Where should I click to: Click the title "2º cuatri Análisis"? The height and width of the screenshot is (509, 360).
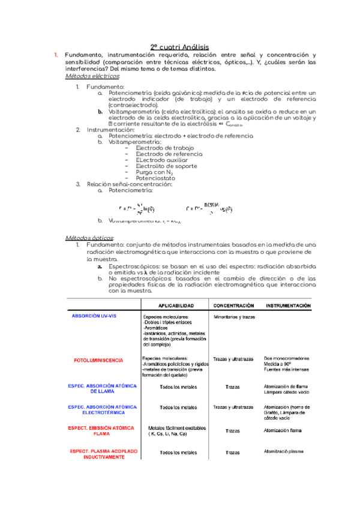click(x=179, y=47)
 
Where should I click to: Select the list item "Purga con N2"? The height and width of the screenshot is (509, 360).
click(x=150, y=172)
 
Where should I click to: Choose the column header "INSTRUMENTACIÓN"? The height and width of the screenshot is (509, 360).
click(x=289, y=306)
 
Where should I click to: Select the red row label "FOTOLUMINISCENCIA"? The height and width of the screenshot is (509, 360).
click(x=98, y=360)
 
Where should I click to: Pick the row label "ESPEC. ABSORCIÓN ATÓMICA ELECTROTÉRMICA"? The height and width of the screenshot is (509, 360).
click(x=98, y=410)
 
